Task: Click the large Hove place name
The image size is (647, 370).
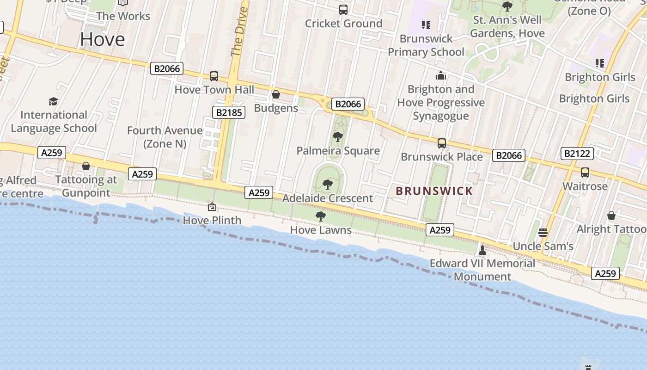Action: [102, 40]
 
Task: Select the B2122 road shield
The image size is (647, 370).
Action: [577, 153]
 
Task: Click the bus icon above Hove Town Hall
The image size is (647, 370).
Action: [214, 76]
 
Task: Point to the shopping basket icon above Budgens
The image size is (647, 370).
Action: [276, 95]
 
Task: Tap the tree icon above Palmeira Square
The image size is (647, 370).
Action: [338, 137]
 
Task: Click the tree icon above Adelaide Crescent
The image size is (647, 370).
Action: [328, 185]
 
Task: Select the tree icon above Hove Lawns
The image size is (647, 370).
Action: [320, 216]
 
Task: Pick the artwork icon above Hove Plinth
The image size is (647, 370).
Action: [212, 207]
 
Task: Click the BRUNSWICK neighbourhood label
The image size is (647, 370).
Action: [434, 191]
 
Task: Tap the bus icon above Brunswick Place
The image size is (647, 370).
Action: [442, 143]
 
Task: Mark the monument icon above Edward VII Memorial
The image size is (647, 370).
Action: [482, 250]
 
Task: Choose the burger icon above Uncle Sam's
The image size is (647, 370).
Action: [543, 233]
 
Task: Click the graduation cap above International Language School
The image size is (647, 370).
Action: [54, 101]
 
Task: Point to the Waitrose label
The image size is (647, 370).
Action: [585, 186]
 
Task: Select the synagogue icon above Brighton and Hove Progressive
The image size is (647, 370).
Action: [441, 75]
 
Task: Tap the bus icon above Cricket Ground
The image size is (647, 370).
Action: [343, 10]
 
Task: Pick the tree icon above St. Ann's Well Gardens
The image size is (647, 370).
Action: [507, 6]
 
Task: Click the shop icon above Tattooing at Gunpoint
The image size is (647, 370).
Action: [86, 166]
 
